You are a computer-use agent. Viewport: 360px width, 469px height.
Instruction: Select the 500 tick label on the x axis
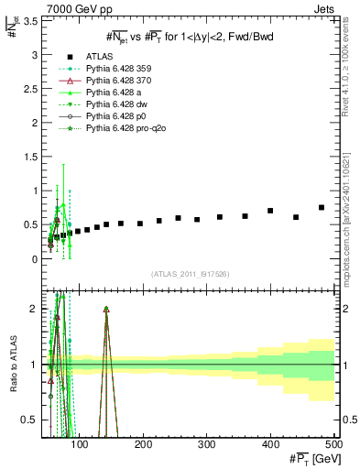[x=333, y=444]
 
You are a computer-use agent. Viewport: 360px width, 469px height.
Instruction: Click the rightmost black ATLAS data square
[x=322, y=207]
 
